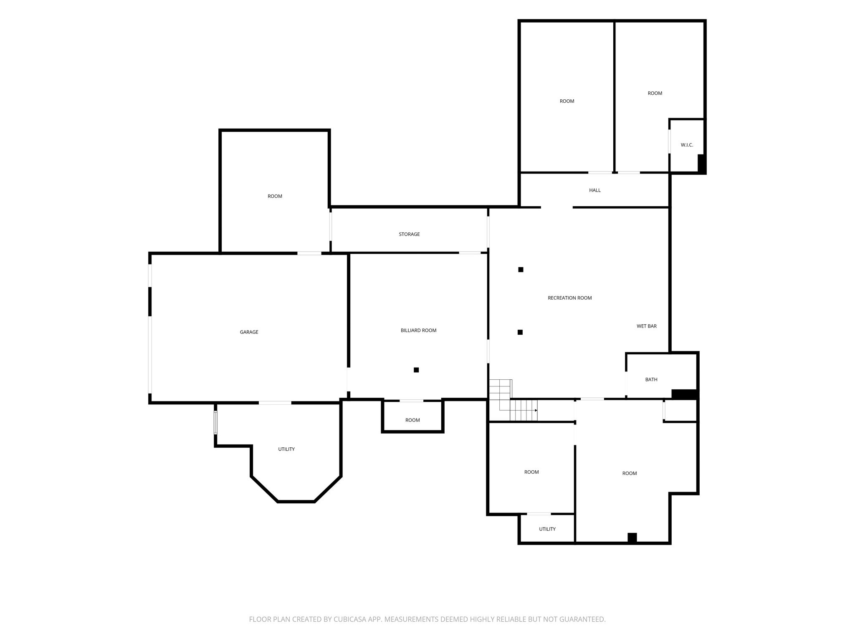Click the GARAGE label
pyautogui.click(x=249, y=332)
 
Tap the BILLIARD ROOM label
pyautogui.click(x=418, y=331)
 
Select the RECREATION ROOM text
pyautogui.click(x=569, y=298)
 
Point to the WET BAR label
pyautogui.click(x=646, y=326)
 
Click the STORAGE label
pyautogui.click(x=409, y=234)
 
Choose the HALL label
pyautogui.click(x=595, y=190)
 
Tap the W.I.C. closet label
pyautogui.click(x=687, y=145)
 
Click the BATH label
pyautogui.click(x=651, y=379)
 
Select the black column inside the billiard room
pyautogui.click(x=416, y=370)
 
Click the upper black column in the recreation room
pyautogui.click(x=521, y=270)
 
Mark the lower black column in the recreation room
pyautogui.click(x=520, y=332)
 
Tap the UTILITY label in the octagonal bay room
pyautogui.click(x=286, y=449)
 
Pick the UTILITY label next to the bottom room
pyautogui.click(x=547, y=529)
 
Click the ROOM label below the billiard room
pyautogui.click(x=412, y=420)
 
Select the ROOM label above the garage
pyautogui.click(x=275, y=196)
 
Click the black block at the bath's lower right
pyautogui.click(x=684, y=394)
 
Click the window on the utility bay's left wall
pyautogui.click(x=215, y=422)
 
